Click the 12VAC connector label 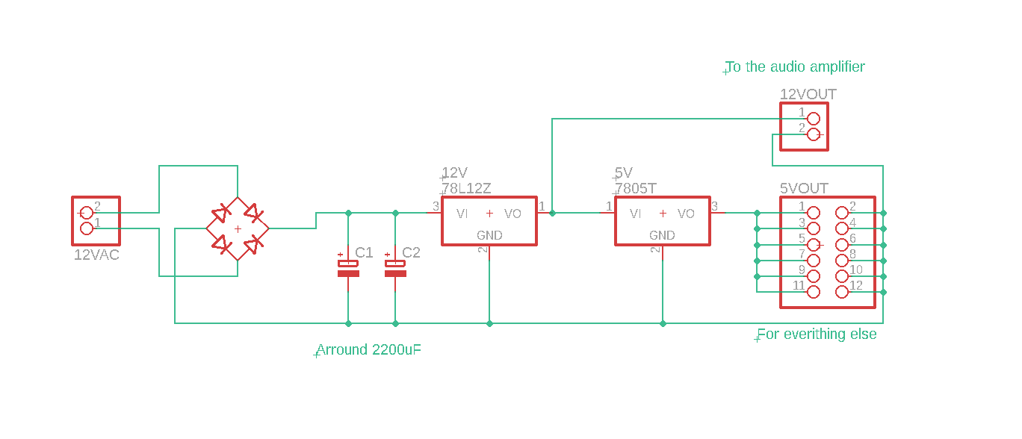pos(96,255)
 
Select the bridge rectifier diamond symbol pos(238,228)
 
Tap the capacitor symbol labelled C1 pos(348,268)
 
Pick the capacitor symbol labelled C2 pos(395,268)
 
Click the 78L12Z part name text pos(467,189)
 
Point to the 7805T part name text pos(637,189)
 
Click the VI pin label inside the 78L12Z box pos(462,214)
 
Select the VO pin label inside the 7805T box pos(686,214)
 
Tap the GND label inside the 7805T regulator pos(662,236)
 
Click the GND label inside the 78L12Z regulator pos(489,236)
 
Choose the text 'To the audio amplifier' pos(796,67)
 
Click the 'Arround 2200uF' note pos(369,350)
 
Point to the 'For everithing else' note pos(817,334)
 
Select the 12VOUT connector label pos(808,95)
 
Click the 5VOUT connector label pos(805,189)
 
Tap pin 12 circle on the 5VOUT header pos(842,292)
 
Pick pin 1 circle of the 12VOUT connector pos(814,119)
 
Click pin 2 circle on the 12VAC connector pos(87,213)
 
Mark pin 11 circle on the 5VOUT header pos(814,292)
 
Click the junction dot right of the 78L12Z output pos(552,214)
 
